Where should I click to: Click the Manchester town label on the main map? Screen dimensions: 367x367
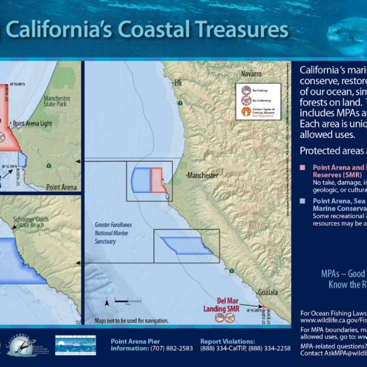point(203,175)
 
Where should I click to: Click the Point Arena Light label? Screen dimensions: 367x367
point(37,124)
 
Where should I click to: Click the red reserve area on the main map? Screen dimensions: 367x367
point(157,179)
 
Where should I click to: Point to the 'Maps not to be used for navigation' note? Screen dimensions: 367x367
point(131,321)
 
